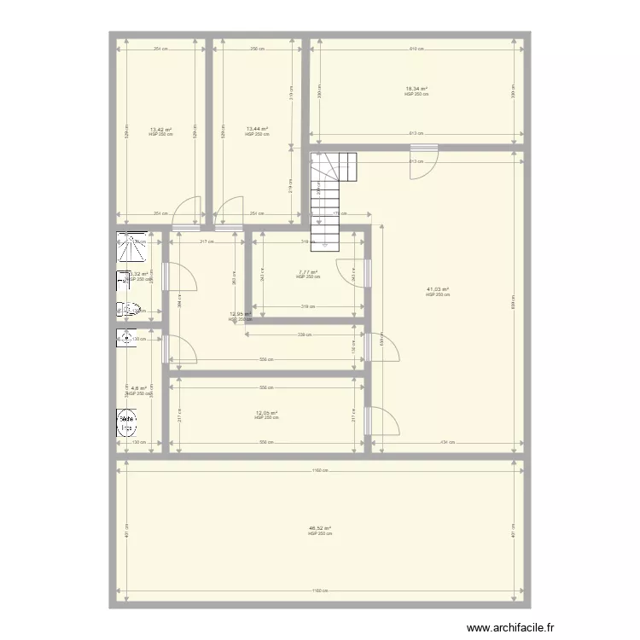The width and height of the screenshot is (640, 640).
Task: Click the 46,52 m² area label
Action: (x=320, y=528)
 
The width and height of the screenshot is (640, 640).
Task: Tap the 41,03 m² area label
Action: (x=437, y=289)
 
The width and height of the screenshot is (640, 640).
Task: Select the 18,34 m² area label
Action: (x=416, y=88)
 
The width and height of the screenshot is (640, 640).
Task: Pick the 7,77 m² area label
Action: (x=308, y=272)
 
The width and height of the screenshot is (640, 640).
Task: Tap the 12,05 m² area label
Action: (x=266, y=413)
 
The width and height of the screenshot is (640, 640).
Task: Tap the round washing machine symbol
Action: (x=127, y=420)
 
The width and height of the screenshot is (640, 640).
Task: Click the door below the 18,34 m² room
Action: (x=422, y=162)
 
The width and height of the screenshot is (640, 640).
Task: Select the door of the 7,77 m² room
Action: (x=357, y=271)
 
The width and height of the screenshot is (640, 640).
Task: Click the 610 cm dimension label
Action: (x=416, y=49)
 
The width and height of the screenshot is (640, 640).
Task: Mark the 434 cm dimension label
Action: (x=447, y=442)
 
